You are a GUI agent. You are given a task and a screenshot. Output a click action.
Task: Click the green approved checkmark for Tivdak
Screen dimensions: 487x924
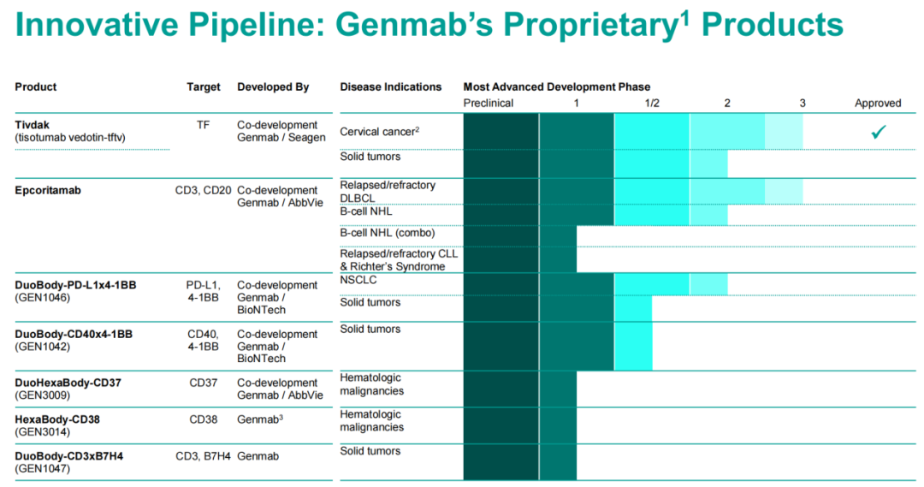pos(877,132)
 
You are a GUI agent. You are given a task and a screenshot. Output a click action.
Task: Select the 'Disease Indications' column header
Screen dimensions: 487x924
pos(390,86)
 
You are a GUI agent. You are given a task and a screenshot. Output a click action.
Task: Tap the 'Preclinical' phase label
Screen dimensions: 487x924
pos(488,103)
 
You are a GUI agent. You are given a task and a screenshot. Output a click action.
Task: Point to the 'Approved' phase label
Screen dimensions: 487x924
pos(878,103)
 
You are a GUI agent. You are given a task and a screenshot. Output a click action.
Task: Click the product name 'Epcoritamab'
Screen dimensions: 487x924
pos(48,190)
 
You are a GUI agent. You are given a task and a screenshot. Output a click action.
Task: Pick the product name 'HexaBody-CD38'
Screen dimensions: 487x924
pos(57,419)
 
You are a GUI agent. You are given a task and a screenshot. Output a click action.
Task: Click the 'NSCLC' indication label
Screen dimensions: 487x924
pos(358,280)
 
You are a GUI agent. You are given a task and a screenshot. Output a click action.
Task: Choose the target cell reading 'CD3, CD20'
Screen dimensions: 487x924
pos(203,190)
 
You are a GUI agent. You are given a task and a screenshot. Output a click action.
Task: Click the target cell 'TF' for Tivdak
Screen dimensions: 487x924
pos(203,125)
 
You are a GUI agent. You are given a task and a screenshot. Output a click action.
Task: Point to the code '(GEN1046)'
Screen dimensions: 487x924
pos(42,298)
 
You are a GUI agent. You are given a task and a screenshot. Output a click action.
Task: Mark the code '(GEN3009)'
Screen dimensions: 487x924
pos(42,395)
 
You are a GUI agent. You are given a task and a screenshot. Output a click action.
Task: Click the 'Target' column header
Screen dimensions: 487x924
pos(204,86)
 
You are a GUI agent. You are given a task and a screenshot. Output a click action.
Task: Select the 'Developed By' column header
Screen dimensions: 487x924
pos(273,86)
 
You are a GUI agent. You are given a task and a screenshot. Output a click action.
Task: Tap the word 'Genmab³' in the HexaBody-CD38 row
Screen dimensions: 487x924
pos(259,419)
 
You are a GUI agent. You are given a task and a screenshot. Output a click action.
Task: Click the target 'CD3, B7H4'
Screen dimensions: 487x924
pos(203,456)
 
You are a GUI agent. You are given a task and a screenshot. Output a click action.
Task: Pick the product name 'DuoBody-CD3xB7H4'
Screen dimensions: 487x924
pos(68,456)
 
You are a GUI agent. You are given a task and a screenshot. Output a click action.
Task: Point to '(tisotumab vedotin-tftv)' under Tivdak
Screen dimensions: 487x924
pos(74,138)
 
